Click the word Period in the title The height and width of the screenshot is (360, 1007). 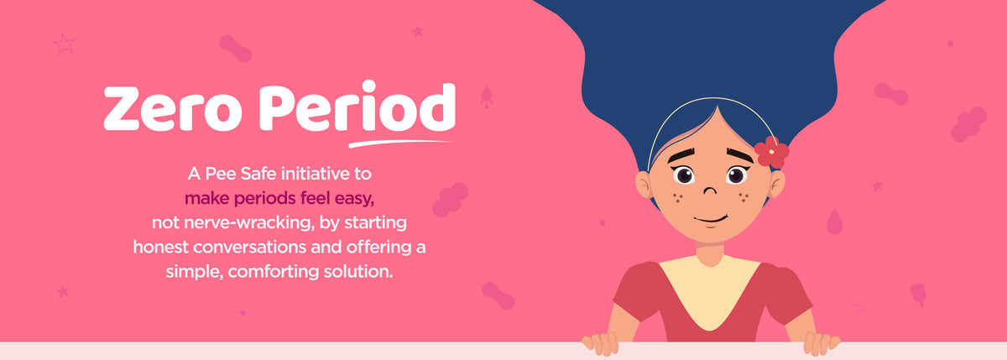pos(357,110)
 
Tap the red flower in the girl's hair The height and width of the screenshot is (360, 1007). pos(771,152)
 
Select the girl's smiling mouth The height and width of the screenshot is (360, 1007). pos(710,220)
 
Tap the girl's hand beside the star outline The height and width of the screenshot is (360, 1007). pos(820,342)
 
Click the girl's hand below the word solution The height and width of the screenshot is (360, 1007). pos(601,342)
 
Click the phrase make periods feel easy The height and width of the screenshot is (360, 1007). pos(279,200)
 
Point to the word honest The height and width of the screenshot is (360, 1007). pos(163,248)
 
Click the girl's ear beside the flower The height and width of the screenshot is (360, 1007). pos(778,182)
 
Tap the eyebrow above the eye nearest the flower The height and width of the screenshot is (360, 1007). pos(739,155)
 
